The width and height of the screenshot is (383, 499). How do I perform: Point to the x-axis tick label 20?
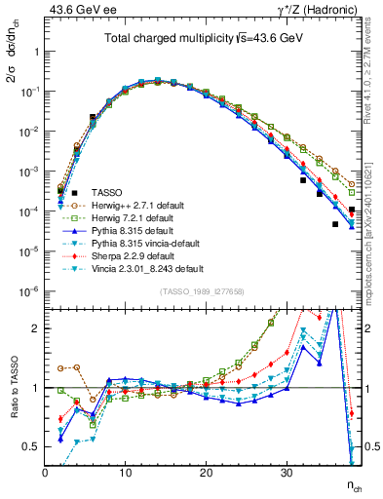coord(205,473)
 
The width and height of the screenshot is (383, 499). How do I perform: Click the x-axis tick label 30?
coord(285,473)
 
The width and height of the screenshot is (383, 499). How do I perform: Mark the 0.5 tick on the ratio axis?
coord(31,446)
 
